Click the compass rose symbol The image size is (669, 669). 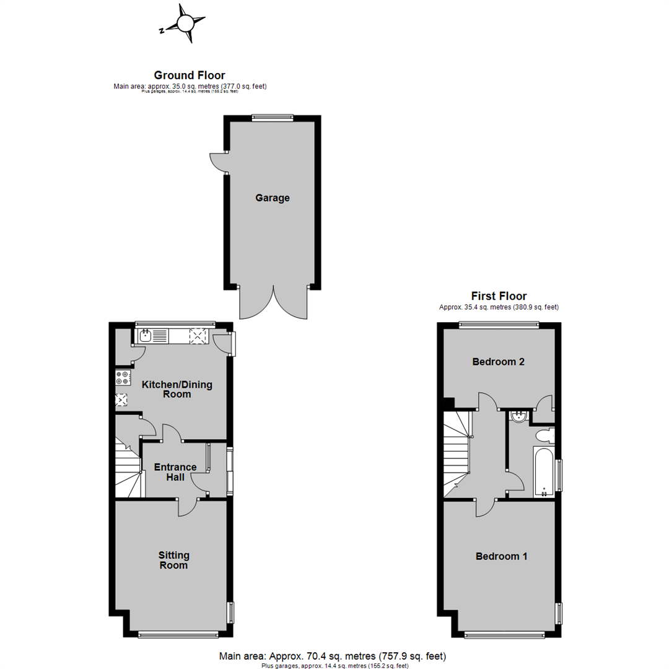pos(185,24)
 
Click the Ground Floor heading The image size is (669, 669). pos(190,76)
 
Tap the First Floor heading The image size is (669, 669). pos(499,296)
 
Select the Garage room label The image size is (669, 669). pos(273,198)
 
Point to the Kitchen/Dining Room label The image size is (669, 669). pos(177,389)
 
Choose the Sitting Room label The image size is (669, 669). pos(173,560)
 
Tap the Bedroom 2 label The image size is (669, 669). pos(499,362)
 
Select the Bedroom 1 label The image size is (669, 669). pos(501,556)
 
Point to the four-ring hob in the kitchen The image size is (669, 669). pos(123,377)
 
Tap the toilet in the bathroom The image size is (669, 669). pos(543,436)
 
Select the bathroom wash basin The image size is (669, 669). pos(518,418)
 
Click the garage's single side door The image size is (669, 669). pos(218,162)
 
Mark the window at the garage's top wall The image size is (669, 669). pos(273,117)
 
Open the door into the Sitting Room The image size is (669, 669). pos(188,507)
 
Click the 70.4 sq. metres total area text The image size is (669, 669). pos(332,656)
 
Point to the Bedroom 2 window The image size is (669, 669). pos(499,324)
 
